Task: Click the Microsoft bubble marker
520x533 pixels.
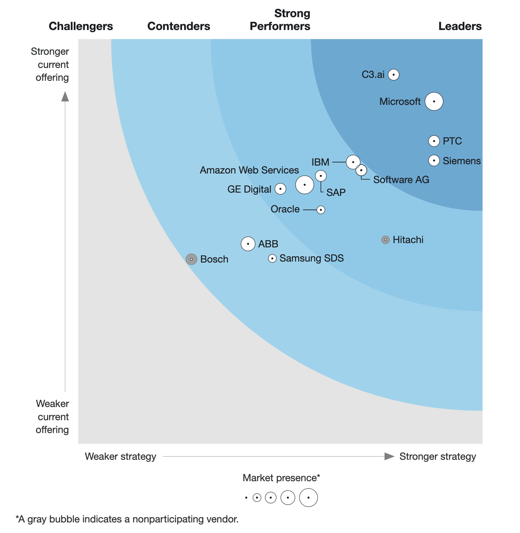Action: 434,101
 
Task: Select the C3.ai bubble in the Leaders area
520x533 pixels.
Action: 393,75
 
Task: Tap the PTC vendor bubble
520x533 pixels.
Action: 434,141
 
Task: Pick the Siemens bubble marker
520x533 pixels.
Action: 434,161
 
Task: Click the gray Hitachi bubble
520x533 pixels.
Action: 385,240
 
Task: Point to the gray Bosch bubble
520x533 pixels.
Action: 191,259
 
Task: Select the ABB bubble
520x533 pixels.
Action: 248,244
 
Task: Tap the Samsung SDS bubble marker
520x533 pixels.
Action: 272,258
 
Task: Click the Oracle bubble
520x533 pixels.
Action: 321,210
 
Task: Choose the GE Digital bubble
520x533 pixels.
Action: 280,189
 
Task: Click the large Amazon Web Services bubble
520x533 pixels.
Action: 304,185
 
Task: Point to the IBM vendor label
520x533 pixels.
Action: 320,162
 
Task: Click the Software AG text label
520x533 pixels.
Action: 401,180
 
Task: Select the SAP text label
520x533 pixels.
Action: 336,192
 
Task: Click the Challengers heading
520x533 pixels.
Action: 81,26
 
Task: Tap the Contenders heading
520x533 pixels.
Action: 179,26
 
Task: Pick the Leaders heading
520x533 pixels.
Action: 460,26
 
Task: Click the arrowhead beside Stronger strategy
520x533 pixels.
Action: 389,456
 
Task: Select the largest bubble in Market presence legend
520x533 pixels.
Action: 308,497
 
